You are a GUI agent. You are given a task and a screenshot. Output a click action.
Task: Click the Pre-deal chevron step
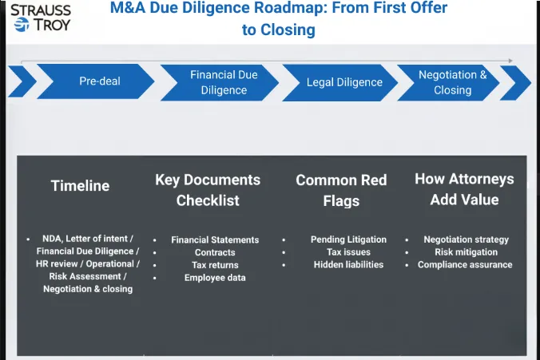(99, 81)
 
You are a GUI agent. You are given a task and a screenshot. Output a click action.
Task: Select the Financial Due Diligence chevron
(224, 82)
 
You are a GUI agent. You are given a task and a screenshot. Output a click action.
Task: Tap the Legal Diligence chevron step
(344, 82)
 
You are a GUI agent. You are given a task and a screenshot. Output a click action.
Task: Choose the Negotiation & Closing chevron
(452, 82)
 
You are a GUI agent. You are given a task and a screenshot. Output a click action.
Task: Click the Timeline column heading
(80, 185)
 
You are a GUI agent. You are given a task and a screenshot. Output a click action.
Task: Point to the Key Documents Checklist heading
(208, 190)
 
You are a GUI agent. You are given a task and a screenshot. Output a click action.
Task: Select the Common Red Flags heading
(341, 190)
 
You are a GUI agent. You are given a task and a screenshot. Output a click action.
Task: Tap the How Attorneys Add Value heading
(464, 189)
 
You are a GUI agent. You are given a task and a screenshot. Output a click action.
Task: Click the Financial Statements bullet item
(215, 239)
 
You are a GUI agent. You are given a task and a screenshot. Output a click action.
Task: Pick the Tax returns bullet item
(215, 265)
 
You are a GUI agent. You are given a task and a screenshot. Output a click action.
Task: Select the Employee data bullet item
(215, 278)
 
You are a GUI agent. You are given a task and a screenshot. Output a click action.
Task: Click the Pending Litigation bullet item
(348, 239)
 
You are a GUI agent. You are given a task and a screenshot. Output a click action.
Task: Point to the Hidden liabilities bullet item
(348, 264)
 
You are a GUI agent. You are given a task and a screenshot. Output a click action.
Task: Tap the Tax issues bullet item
(348, 252)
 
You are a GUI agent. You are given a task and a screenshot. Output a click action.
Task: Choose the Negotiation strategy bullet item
(466, 239)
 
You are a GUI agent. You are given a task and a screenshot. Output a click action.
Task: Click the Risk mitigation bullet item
(466, 252)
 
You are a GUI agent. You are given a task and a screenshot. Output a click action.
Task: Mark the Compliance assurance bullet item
(465, 264)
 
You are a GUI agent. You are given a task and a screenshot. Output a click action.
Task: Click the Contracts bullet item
(215, 252)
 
